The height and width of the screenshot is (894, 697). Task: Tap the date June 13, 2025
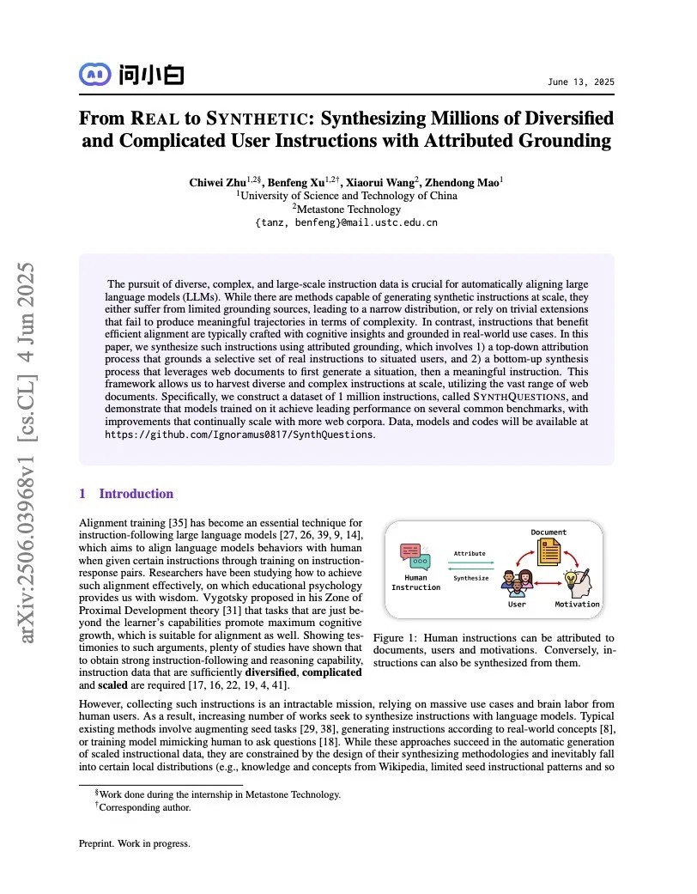580,82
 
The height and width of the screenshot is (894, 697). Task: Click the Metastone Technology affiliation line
346,209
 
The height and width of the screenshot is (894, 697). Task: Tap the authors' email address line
346,222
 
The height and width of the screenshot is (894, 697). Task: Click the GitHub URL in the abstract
239,435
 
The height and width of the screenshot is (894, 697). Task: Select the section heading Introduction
136,494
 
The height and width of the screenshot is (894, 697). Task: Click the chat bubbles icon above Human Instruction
415,557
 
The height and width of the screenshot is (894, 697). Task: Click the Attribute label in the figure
470,554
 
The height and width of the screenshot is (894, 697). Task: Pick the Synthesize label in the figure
470,578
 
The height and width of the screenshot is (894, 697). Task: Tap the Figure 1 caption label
397,638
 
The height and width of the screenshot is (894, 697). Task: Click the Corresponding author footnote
145,807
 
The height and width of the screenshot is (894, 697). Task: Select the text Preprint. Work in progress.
134,843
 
